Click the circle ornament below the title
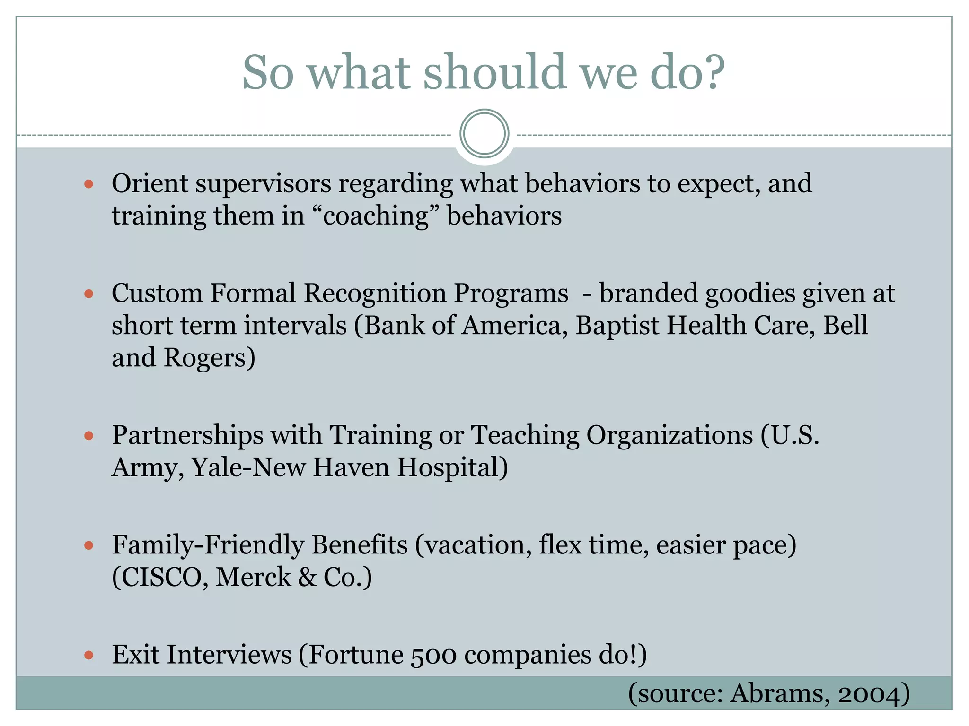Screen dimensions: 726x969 [484, 134]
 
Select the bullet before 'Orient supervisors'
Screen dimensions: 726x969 [88, 184]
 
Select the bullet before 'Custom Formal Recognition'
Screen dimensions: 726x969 [88, 294]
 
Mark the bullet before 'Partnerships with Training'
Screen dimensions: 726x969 [88, 435]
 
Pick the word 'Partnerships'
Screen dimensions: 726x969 [187, 435]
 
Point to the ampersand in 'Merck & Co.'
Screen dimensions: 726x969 [307, 577]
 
